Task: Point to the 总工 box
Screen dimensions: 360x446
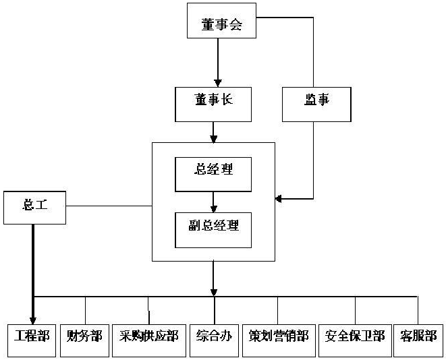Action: (x=34, y=206)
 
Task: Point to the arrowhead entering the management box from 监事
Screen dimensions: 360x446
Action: (x=279, y=198)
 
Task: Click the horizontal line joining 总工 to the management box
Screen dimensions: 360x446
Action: (x=108, y=206)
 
